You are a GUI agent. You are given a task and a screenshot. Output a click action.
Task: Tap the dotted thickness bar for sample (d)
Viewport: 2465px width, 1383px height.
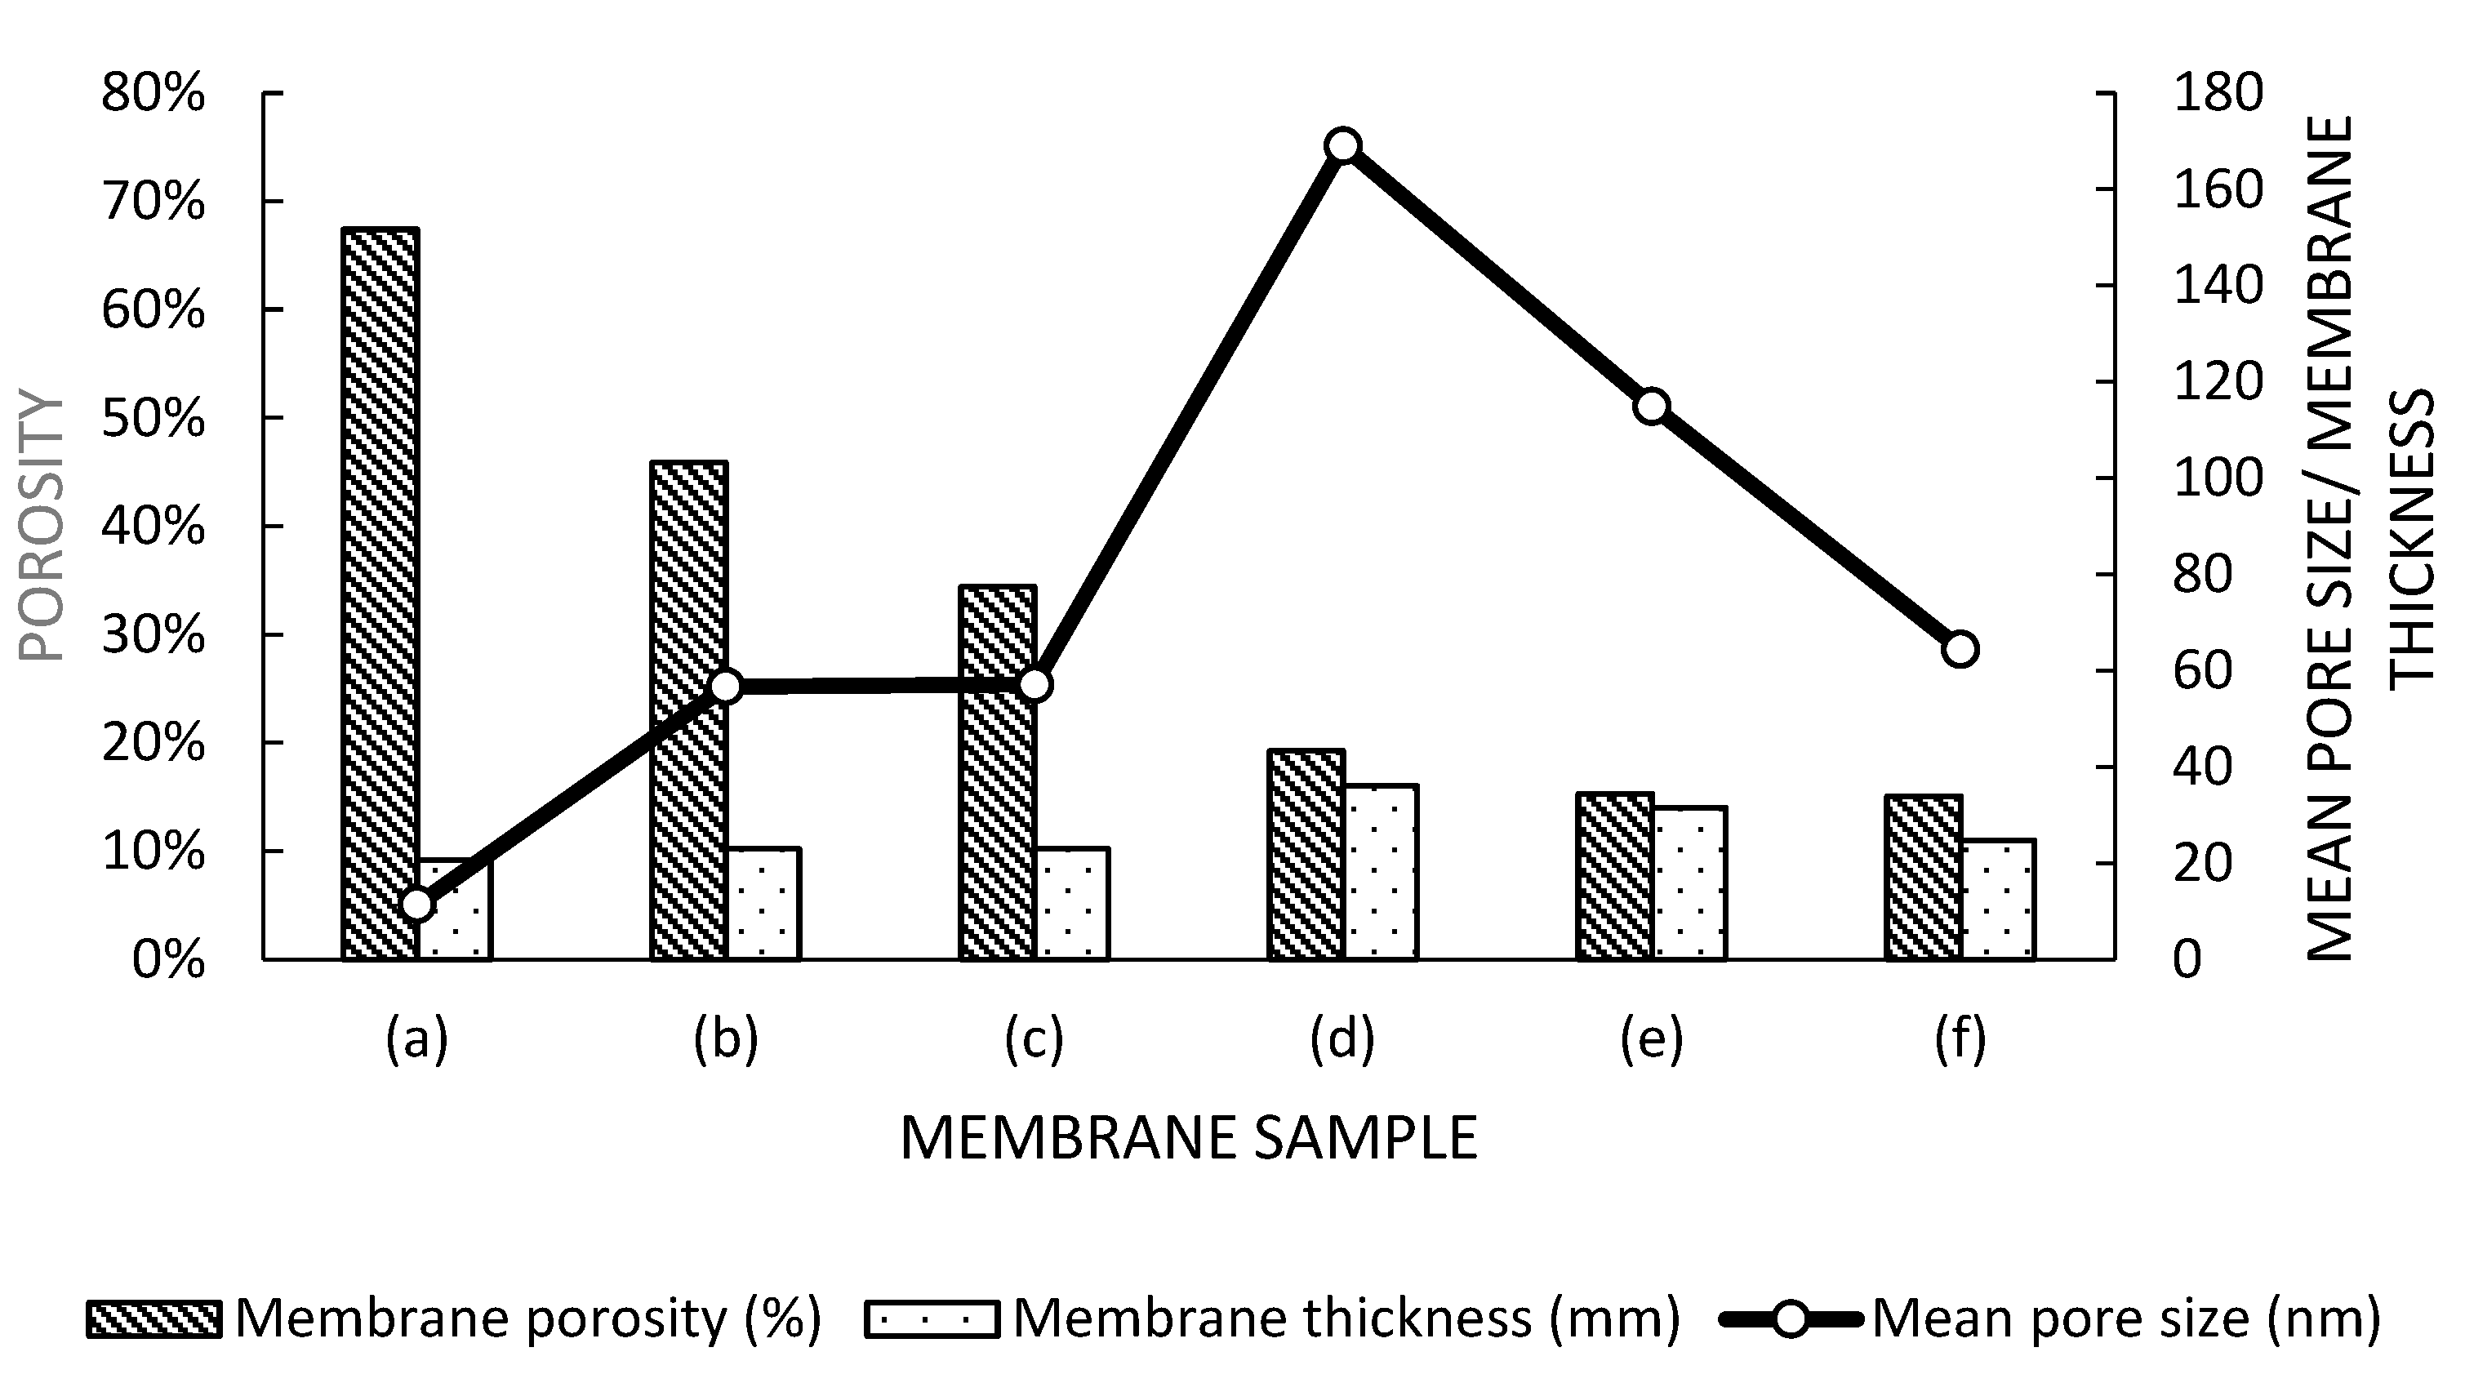(1381, 872)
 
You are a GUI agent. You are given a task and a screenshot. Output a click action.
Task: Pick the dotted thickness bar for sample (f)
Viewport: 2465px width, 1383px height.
(1998, 900)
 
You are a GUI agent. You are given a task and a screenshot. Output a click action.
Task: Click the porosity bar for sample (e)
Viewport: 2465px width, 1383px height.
(1615, 876)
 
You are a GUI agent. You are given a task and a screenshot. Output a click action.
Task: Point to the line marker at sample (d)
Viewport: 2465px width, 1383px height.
(1343, 145)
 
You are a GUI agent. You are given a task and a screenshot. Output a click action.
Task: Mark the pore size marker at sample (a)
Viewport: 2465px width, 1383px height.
(417, 905)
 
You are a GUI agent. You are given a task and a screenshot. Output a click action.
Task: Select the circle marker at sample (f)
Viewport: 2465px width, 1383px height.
(1960, 650)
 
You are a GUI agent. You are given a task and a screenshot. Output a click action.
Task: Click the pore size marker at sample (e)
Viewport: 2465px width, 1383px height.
(1652, 407)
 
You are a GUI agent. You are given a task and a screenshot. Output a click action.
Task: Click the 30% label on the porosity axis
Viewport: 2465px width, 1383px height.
(154, 634)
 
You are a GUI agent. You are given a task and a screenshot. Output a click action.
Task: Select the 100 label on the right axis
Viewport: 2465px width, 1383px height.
(2218, 478)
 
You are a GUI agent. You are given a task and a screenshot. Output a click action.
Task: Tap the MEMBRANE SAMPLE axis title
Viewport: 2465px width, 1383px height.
(1189, 1139)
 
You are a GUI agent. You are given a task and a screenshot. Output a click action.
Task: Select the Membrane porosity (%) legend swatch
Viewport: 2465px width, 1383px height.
(154, 1319)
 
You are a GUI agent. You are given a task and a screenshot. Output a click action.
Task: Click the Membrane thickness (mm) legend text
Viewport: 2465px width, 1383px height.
(1346, 1319)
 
